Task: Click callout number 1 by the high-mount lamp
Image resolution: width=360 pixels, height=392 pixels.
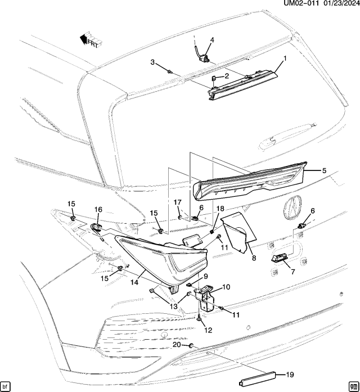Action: (x=285, y=58)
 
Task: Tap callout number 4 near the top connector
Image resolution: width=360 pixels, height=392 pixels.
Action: (x=213, y=40)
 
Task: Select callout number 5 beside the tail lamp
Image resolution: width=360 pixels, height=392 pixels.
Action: (x=324, y=170)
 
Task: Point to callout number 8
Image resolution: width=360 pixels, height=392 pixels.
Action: (x=254, y=258)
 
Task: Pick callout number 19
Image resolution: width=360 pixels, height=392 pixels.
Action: (x=290, y=374)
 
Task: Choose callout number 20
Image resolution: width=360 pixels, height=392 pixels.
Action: (x=176, y=344)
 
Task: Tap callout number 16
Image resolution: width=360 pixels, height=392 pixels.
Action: (x=98, y=210)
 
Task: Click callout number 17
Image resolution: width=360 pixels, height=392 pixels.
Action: (x=177, y=202)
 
